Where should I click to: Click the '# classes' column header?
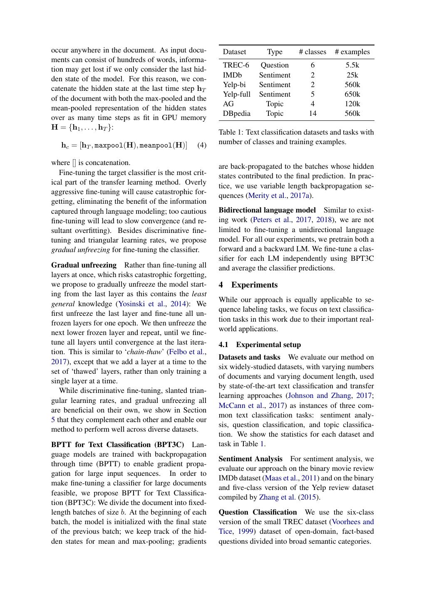(x=312, y=52)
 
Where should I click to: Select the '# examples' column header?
(x=352, y=52)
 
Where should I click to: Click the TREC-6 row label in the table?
(x=236, y=65)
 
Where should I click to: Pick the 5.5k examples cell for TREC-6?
(x=352, y=65)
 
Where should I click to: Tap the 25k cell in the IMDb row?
(x=352, y=75)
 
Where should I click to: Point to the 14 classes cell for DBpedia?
(x=312, y=113)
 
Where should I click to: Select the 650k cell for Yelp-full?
(x=352, y=94)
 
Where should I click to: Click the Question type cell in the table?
(x=275, y=65)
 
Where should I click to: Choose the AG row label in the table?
(x=228, y=104)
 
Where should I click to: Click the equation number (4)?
(x=202, y=145)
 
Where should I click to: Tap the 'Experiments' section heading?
(x=254, y=285)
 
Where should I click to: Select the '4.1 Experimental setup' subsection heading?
(x=260, y=345)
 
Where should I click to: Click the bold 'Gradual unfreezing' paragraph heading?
(x=84, y=265)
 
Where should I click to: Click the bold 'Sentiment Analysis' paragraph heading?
(x=250, y=459)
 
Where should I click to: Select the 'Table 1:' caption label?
(x=231, y=132)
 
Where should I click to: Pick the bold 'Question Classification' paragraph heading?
(x=258, y=512)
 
